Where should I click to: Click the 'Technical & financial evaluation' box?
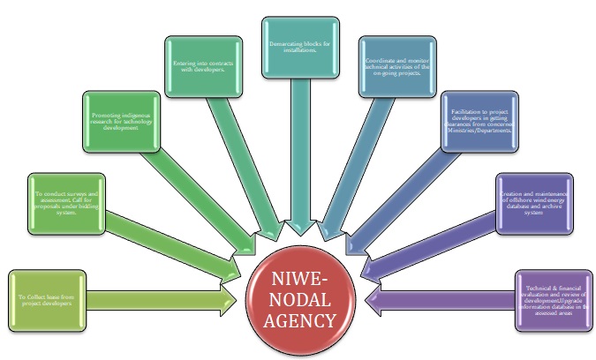pyautogui.click(x=551, y=300)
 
